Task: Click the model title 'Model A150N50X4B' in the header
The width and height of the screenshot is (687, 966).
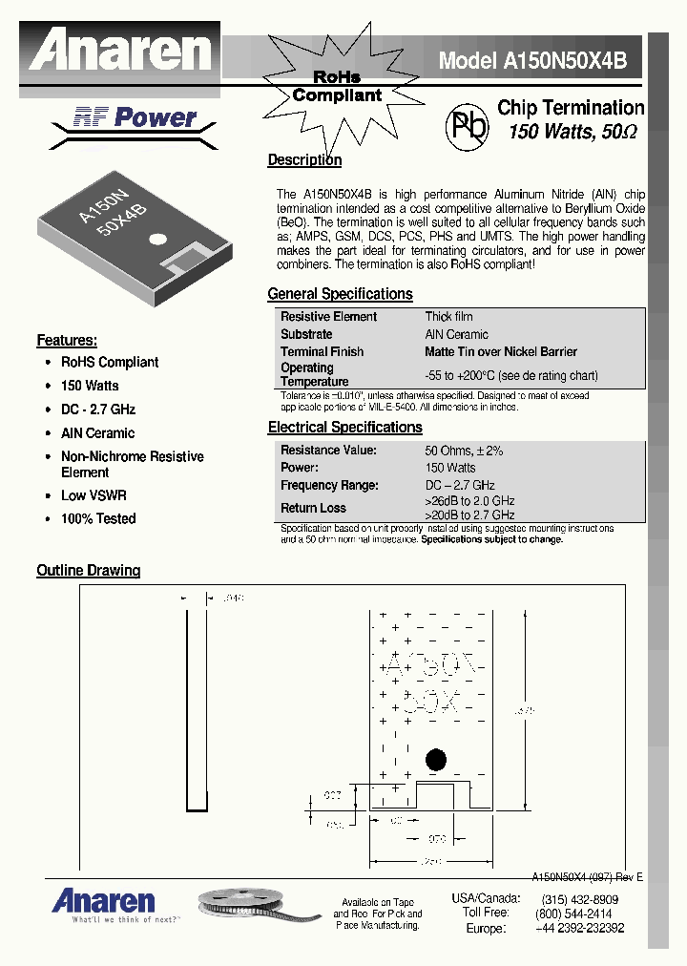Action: (x=532, y=60)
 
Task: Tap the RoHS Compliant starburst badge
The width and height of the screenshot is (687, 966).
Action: (x=337, y=86)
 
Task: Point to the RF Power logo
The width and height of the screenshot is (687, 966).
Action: (x=135, y=118)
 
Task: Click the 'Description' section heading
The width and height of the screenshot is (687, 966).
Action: (x=304, y=160)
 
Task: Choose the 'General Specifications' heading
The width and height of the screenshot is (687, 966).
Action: (x=340, y=294)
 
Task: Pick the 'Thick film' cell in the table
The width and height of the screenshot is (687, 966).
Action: (x=448, y=317)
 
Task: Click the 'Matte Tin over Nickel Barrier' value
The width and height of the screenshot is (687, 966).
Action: (x=501, y=352)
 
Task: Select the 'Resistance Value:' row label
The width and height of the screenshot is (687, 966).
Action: (x=328, y=451)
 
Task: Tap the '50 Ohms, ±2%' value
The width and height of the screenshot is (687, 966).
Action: (x=464, y=451)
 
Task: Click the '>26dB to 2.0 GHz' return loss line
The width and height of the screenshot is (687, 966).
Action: (x=469, y=501)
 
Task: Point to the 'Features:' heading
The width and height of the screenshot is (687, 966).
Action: (x=67, y=341)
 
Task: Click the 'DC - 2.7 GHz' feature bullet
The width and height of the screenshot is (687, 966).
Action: (x=98, y=409)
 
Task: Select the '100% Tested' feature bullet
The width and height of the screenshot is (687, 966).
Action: (x=98, y=519)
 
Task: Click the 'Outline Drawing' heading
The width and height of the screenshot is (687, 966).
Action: (x=88, y=571)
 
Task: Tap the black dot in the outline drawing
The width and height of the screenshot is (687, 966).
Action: (x=436, y=760)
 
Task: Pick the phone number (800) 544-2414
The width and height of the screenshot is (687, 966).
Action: (x=576, y=913)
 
